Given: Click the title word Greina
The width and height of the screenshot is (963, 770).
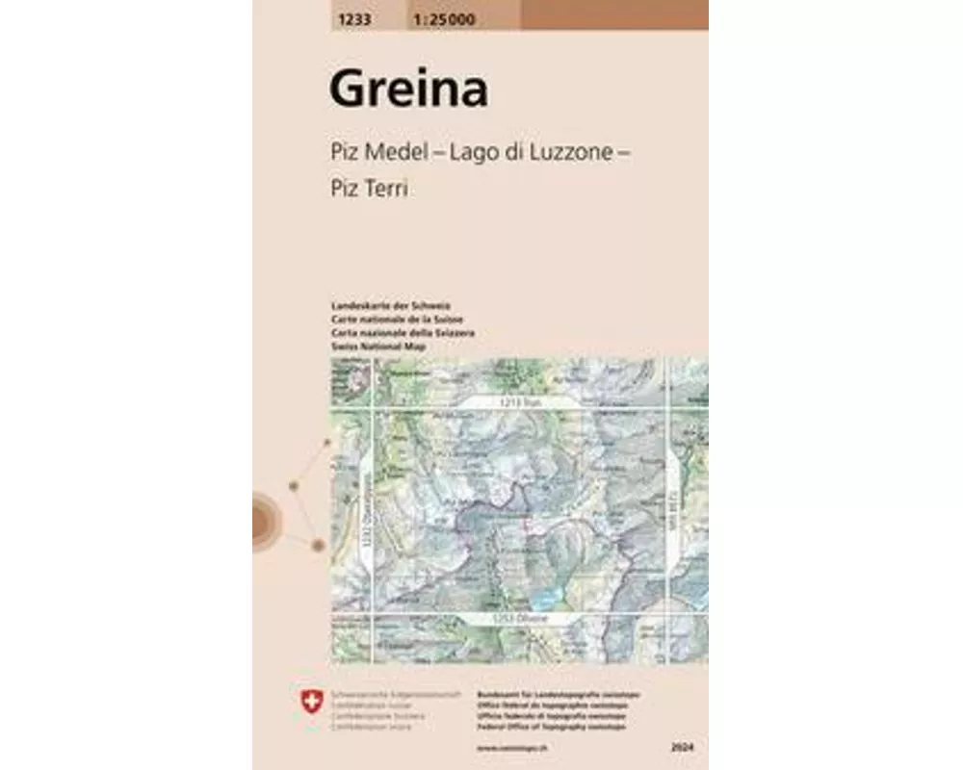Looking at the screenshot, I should [408, 90].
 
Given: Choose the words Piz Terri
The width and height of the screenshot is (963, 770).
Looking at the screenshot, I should [369, 189].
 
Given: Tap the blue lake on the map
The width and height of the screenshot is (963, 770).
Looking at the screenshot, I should [547, 599].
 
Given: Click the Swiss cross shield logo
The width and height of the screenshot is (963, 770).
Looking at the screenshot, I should [310, 704].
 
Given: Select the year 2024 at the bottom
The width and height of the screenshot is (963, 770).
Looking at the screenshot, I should [684, 746].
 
